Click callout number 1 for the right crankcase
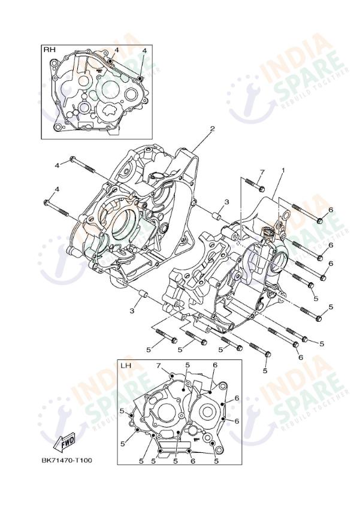[283, 170]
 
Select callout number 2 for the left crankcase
[211, 129]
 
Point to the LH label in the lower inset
[126, 365]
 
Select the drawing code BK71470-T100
[67, 461]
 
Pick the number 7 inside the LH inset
[159, 365]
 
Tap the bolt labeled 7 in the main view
[254, 185]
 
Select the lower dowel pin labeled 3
[143, 294]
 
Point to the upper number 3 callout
[226, 202]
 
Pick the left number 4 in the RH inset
[116, 50]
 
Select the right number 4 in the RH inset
[144, 50]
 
